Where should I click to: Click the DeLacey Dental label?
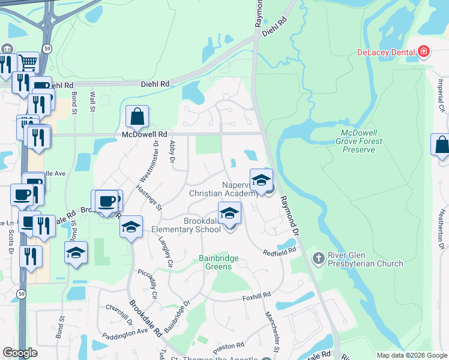point(387,52)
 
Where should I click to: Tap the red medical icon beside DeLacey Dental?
point(424,52)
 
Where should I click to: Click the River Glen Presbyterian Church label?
point(366,259)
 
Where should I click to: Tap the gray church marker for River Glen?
point(318,257)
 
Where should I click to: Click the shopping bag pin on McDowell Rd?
point(137,117)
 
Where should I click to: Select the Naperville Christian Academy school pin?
point(261,180)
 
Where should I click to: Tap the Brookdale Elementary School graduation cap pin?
point(229,214)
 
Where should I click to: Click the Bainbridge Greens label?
point(218,262)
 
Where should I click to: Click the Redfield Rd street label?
point(280,252)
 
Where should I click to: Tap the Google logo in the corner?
point(20,352)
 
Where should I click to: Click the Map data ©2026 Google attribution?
point(412,355)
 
